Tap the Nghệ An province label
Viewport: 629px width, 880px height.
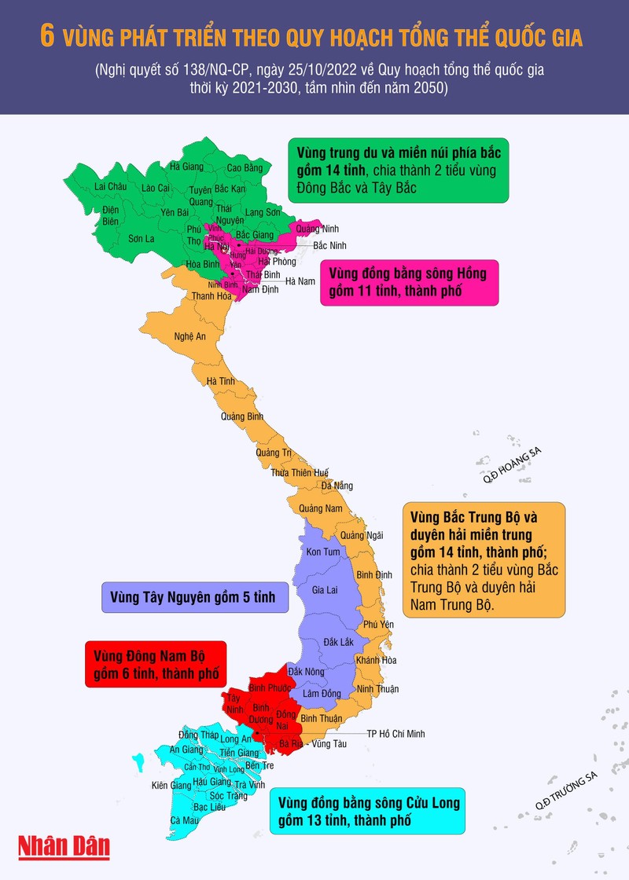[189, 336]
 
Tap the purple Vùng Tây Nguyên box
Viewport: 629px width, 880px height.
[193, 597]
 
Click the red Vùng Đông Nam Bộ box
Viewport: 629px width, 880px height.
[155, 664]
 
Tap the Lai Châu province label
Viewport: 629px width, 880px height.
[109, 186]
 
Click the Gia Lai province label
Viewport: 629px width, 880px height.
[325, 589]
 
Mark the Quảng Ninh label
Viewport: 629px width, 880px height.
[317, 229]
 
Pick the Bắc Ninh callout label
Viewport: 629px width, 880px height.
[330, 245]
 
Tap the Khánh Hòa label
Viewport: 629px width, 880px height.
[376, 660]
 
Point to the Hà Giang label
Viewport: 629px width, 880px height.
[186, 167]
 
